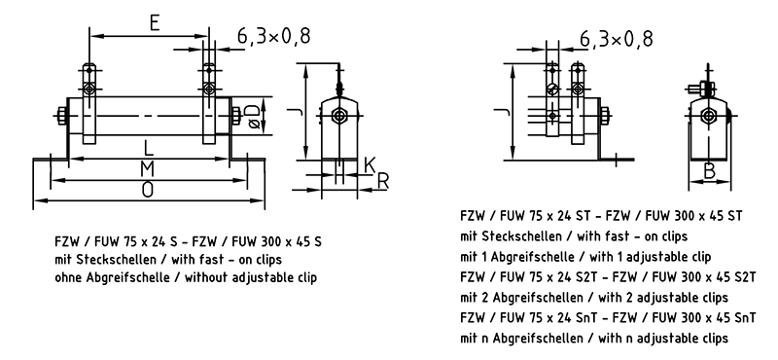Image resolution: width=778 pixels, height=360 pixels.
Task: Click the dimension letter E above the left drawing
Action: point(155,22)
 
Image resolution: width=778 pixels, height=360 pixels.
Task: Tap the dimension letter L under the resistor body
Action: point(148,148)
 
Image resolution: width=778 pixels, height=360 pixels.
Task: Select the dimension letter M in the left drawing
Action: point(147,169)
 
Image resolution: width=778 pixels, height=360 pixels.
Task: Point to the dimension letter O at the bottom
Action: point(148,190)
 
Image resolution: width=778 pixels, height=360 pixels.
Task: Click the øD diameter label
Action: point(253,115)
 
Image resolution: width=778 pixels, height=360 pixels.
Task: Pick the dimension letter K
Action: point(370,165)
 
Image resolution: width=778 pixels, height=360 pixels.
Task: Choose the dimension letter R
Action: point(382,182)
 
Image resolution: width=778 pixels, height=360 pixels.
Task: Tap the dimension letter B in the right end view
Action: point(710,171)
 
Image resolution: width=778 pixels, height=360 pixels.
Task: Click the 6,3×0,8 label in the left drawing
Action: point(274,36)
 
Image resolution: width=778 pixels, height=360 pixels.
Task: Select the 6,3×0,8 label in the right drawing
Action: point(617,38)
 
